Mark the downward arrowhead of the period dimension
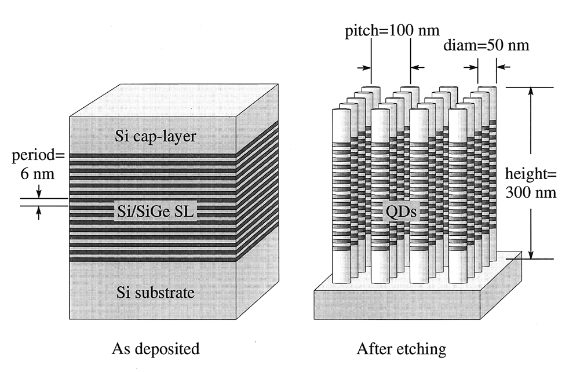point(39,194)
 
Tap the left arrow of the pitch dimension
point(364,68)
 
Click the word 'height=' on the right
point(530,174)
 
